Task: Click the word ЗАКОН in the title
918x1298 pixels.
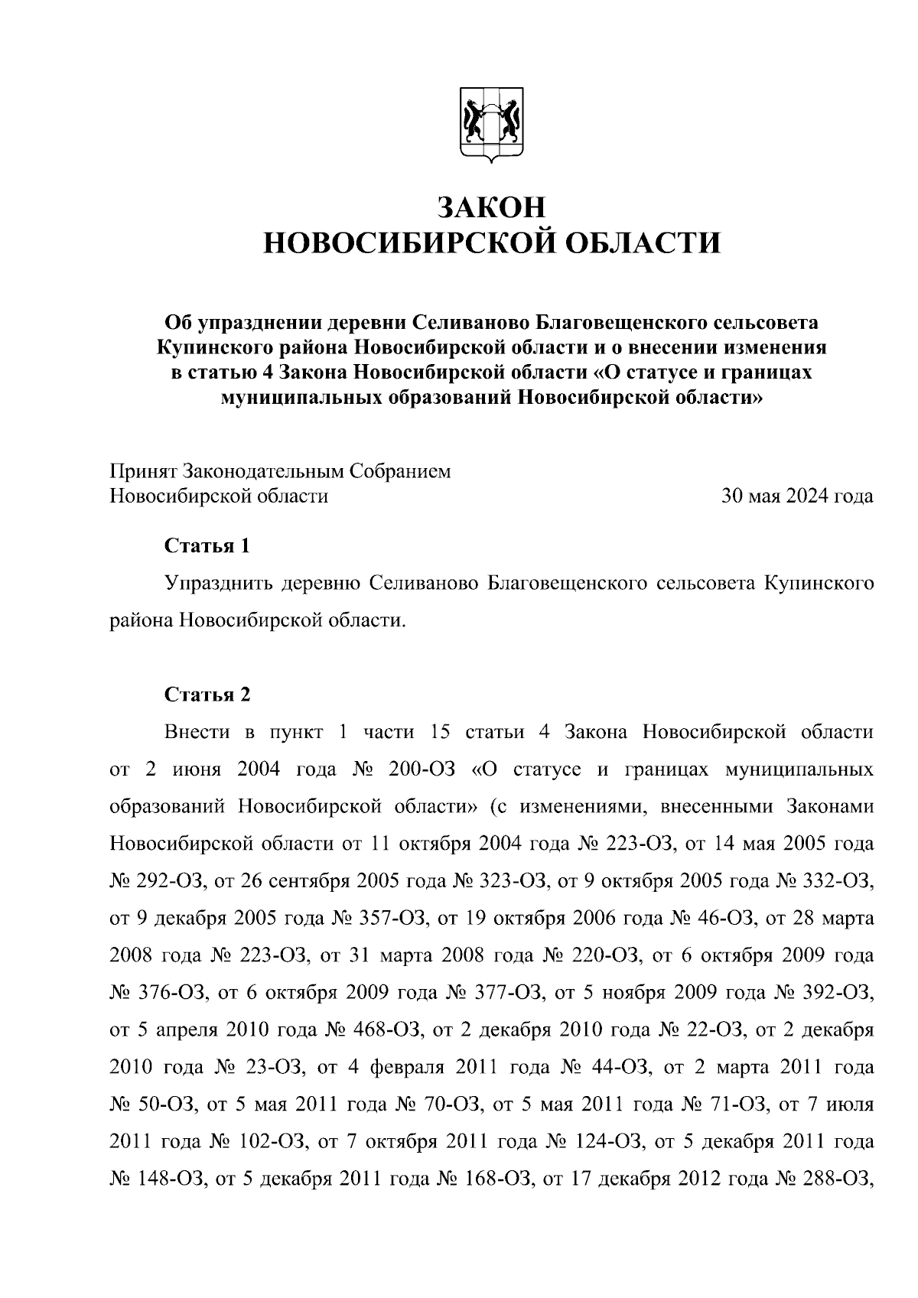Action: point(492,207)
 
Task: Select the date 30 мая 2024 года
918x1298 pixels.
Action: point(797,496)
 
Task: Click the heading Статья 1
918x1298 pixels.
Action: point(207,546)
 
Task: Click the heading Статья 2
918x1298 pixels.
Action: point(207,695)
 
